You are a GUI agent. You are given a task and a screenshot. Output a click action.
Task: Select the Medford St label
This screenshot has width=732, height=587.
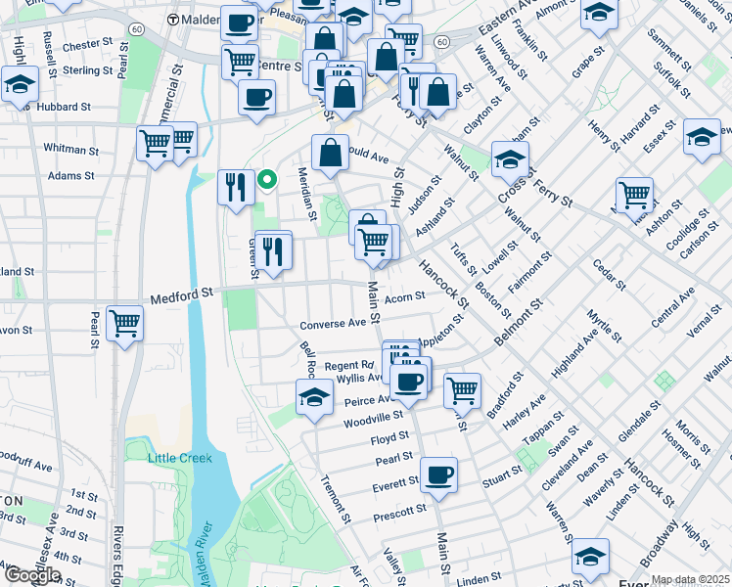(181, 293)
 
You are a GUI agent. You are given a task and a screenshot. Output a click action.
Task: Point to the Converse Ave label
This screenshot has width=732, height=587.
(332, 325)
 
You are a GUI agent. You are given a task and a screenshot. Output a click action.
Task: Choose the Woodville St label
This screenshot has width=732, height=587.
(373, 423)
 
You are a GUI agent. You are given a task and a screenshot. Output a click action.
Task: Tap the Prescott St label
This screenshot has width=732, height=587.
(400, 510)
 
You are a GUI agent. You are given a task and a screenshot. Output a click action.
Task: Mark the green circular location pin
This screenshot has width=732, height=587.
(265, 179)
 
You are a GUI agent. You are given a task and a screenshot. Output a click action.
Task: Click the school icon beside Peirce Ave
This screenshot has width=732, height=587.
(314, 396)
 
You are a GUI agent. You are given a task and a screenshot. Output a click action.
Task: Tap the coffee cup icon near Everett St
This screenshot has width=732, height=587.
(439, 474)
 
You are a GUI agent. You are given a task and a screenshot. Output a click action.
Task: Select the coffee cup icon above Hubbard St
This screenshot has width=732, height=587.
(256, 97)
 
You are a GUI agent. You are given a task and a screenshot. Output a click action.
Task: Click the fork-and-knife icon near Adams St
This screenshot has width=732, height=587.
(235, 186)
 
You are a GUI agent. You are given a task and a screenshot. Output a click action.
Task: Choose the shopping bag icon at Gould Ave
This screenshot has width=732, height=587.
(331, 153)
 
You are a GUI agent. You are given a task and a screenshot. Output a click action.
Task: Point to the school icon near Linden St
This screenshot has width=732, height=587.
(590, 556)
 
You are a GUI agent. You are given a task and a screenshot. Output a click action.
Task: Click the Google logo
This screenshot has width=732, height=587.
(31, 575)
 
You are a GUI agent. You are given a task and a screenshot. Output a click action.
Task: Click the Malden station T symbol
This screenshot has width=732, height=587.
(173, 20)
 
